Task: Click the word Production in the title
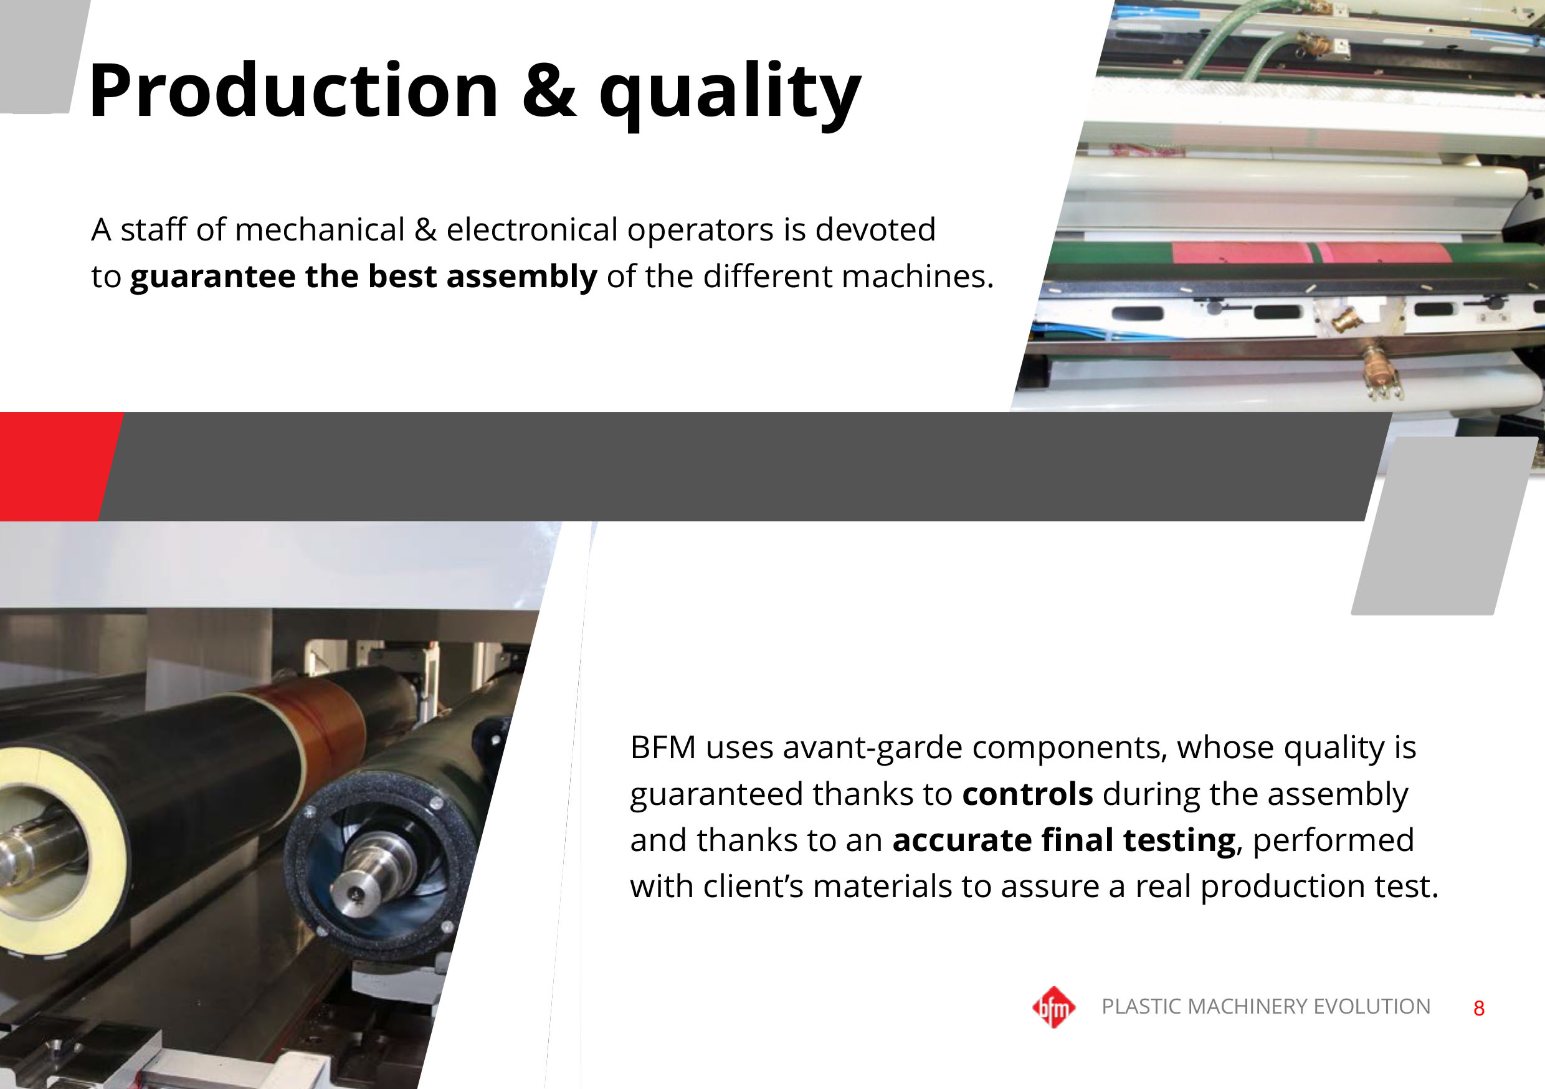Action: tap(293, 90)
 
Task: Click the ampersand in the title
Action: tap(549, 90)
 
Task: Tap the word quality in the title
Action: tap(730, 94)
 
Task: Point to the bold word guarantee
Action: tap(212, 277)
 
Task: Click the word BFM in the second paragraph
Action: tap(662, 748)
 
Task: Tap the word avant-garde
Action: tap(873, 748)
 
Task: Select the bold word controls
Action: tap(1027, 794)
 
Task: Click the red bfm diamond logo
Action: tap(1053, 1007)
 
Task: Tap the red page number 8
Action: tap(1478, 1008)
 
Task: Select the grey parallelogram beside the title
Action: tap(40, 57)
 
